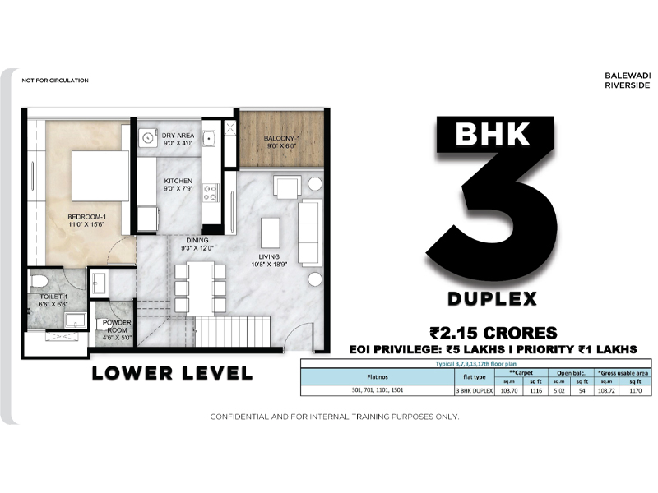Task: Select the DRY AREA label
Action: point(178,135)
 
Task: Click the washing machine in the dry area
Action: point(149,137)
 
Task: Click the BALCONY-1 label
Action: point(281,137)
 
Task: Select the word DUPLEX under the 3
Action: point(492,297)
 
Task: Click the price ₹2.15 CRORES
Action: point(493,333)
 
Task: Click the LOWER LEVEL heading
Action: point(172,372)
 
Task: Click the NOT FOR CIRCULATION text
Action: point(55,81)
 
